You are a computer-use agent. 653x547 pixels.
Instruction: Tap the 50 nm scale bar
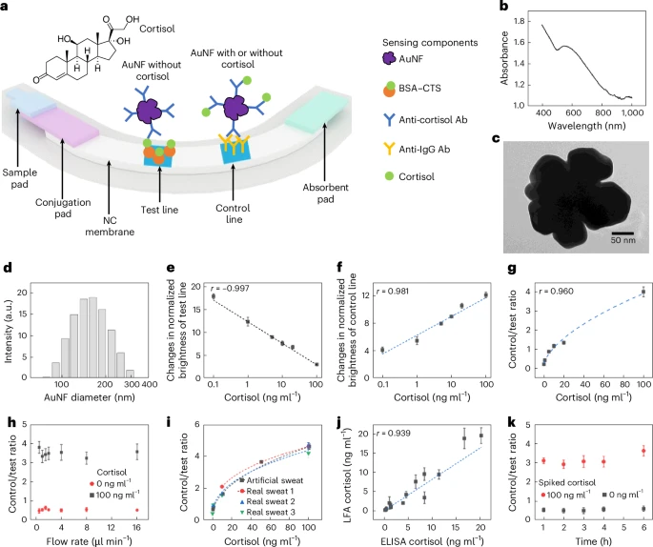tap(622, 230)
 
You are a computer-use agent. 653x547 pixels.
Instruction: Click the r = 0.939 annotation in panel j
tap(398, 432)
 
